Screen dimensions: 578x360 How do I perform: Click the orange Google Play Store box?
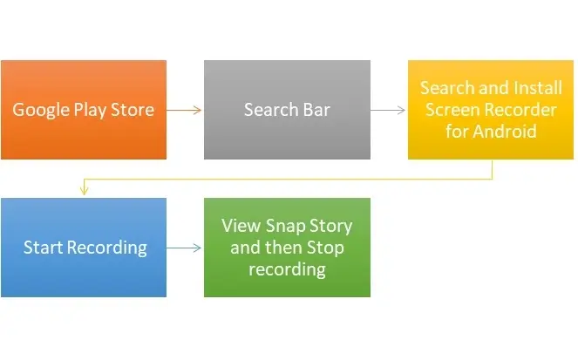[x=84, y=110]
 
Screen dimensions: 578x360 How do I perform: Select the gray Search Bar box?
[x=287, y=110]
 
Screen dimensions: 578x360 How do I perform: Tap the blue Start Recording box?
[x=84, y=248]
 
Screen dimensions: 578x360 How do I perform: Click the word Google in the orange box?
[x=41, y=110]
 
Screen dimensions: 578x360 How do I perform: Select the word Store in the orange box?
[x=133, y=110]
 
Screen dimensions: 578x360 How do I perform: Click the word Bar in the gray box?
[x=316, y=110]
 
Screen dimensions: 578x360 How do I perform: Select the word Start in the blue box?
[x=43, y=248]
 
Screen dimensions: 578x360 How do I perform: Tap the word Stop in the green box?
[x=325, y=248]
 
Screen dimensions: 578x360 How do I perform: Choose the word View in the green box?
[x=241, y=226]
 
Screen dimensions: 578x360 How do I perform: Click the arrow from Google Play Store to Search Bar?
[x=184, y=110]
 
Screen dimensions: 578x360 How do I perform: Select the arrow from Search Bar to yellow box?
[x=388, y=110]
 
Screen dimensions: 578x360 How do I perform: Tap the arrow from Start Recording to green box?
[x=184, y=248]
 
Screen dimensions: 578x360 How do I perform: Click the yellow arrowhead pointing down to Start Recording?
[x=84, y=191]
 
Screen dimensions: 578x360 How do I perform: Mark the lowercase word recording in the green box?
[x=287, y=269]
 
